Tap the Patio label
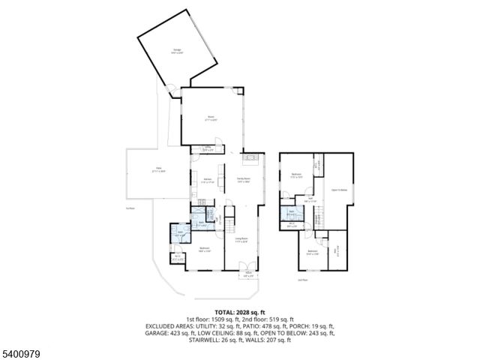[x=158, y=169]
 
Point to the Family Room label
[x=244, y=178]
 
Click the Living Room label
[x=241, y=241]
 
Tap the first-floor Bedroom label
[x=205, y=250]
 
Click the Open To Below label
[x=339, y=190]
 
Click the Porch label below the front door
[x=247, y=274]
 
